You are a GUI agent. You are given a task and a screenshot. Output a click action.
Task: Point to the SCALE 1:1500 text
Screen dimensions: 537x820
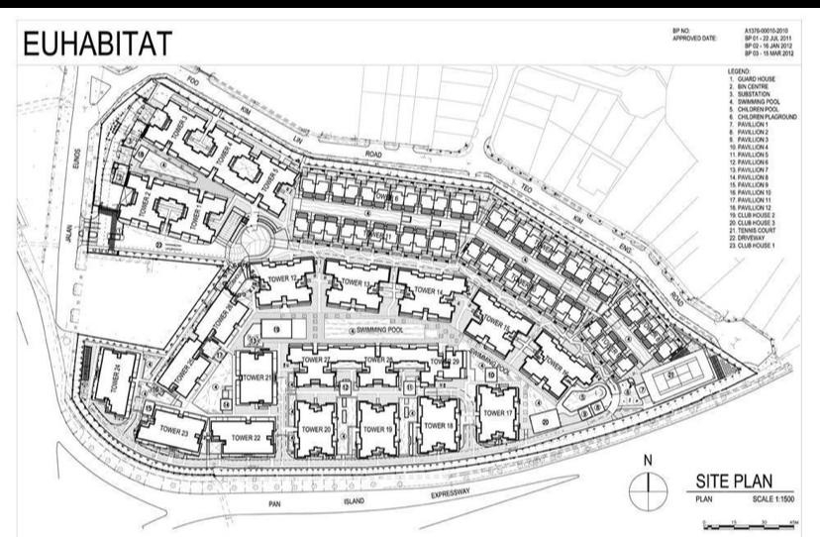click(769, 500)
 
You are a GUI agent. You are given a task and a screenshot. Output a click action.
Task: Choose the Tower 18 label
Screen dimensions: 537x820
click(437, 424)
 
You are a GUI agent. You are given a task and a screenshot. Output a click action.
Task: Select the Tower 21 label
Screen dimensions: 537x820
click(255, 377)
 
